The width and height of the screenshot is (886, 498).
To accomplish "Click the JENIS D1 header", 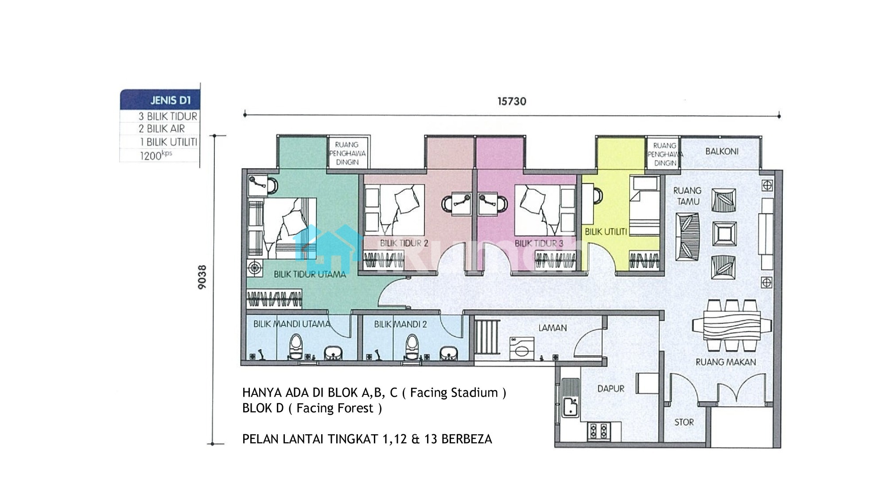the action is click(x=171, y=100).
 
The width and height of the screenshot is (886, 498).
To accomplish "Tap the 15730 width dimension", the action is click(x=512, y=101).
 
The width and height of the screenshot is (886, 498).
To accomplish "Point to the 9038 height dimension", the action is click(x=202, y=277).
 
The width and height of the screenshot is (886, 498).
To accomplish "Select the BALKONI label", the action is click(x=722, y=151).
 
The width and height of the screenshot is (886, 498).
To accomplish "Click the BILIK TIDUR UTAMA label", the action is click(x=310, y=274).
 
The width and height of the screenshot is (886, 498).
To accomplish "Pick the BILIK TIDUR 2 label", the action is click(x=404, y=243).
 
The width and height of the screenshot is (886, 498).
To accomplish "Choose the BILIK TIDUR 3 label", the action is click(x=539, y=243).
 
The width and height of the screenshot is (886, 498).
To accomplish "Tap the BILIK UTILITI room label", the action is click(x=606, y=232).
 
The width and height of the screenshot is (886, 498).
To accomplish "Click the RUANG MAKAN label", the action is click(x=726, y=362).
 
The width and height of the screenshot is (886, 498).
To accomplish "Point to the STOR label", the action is click(x=684, y=422).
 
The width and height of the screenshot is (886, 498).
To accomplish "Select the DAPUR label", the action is click(x=611, y=389).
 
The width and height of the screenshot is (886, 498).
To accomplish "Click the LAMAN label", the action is click(x=552, y=328).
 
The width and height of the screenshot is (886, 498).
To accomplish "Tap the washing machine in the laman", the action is click(x=522, y=349).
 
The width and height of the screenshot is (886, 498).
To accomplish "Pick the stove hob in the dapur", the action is click(x=599, y=431).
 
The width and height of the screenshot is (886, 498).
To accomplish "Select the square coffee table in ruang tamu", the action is click(x=724, y=234).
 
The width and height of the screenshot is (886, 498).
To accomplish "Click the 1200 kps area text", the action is click(x=156, y=155).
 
